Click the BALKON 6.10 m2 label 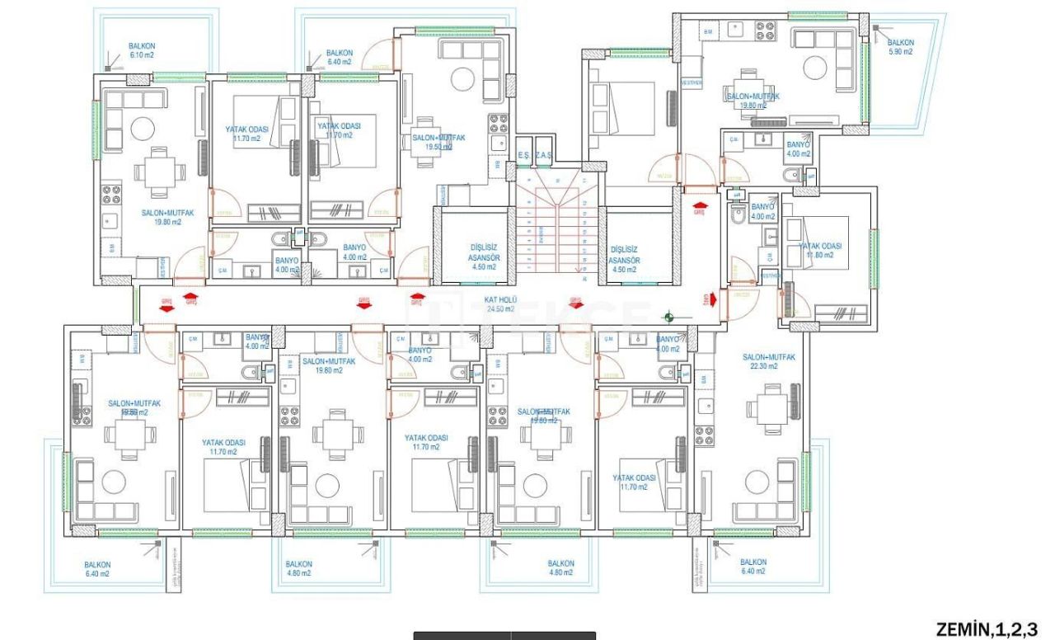click(x=142, y=50)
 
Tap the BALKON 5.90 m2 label click(x=900, y=46)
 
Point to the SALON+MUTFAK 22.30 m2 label click(x=768, y=361)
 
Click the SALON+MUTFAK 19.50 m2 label click(x=438, y=142)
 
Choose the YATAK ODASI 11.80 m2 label click(x=820, y=251)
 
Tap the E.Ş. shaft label click(x=523, y=155)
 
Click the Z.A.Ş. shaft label click(x=543, y=155)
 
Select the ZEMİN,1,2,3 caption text click(x=986, y=629)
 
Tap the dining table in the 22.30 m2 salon click(x=767, y=410)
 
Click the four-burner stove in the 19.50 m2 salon click(x=498, y=124)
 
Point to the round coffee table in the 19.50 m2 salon click(x=462, y=81)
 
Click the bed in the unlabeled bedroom click(x=624, y=107)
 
